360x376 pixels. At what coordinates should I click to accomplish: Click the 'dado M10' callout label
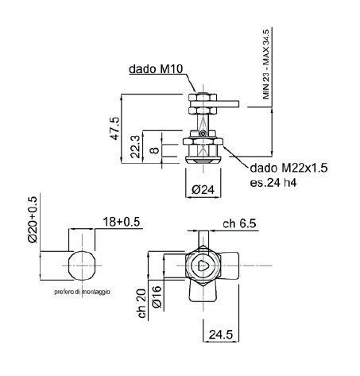click(x=156, y=69)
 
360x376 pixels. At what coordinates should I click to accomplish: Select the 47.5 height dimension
click(x=115, y=129)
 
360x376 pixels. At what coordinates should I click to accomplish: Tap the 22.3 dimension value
click(x=135, y=146)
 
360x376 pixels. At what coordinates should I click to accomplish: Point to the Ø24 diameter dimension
click(x=203, y=189)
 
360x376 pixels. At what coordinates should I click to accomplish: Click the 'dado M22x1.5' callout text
click(x=289, y=168)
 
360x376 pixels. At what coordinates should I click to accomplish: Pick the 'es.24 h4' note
click(x=273, y=183)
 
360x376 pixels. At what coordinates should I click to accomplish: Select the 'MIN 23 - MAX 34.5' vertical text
click(x=266, y=64)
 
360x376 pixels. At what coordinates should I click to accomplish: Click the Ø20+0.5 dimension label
click(x=33, y=219)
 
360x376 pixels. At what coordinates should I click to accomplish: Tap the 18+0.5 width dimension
click(x=121, y=222)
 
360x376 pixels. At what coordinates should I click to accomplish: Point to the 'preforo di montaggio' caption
click(x=82, y=292)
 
